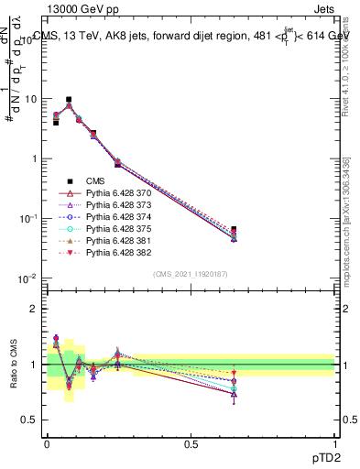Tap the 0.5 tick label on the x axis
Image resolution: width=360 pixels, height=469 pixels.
[x=191, y=443]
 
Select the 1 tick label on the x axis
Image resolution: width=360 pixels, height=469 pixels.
[x=335, y=443]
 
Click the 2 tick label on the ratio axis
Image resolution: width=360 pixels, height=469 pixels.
[x=34, y=309]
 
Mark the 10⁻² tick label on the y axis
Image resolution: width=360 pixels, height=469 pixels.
[x=29, y=278]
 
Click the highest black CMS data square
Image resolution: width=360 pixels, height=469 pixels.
[x=69, y=99]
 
